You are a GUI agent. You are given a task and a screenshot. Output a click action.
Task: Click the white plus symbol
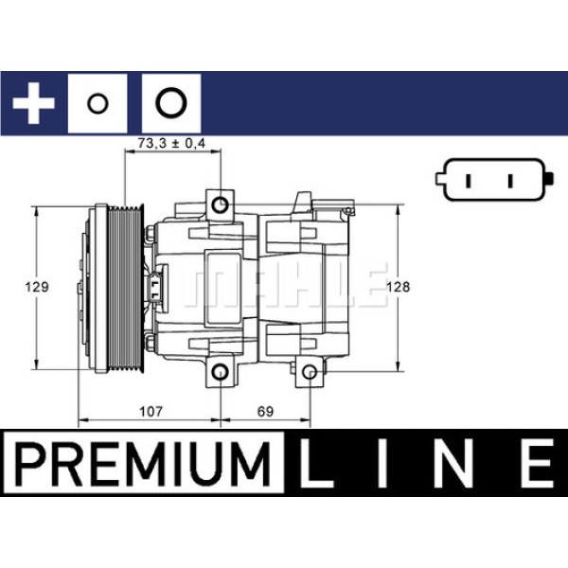(33, 103)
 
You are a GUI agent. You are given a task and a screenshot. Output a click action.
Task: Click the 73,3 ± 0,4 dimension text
(171, 143)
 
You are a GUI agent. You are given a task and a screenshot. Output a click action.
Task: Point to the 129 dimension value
(37, 287)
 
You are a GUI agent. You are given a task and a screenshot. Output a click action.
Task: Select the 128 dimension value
(398, 287)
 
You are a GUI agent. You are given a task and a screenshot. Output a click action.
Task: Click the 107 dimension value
(151, 412)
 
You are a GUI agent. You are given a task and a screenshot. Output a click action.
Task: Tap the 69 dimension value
(265, 412)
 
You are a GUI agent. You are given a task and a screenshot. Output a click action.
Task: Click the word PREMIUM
(143, 464)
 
